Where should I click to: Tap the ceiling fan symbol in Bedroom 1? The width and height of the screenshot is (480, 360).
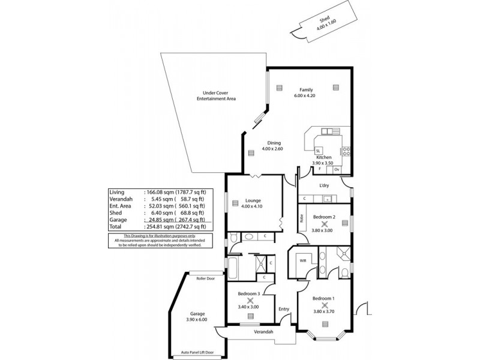(325, 305)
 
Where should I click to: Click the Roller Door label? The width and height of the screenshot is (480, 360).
(197, 278)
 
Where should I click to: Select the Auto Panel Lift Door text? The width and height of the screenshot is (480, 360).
(197, 353)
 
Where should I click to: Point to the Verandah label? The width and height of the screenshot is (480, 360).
(263, 332)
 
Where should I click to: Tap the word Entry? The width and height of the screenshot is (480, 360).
(284, 309)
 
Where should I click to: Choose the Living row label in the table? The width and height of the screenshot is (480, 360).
(116, 191)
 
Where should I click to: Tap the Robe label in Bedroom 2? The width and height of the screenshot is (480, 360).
(302, 220)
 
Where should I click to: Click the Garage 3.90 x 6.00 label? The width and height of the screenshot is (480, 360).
(197, 317)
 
